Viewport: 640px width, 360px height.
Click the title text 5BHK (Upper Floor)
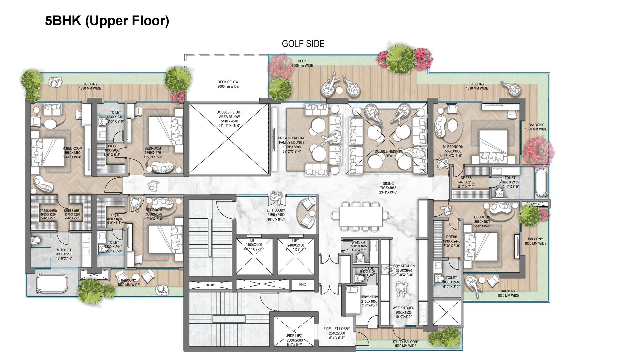coord(107,21)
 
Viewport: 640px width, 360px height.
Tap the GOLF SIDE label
coord(303,44)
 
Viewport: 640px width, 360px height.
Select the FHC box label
coord(302,285)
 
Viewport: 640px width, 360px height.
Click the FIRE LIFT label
coord(294,336)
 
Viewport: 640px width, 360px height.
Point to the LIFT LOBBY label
coord(276,211)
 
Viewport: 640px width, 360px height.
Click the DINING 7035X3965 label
coord(388,188)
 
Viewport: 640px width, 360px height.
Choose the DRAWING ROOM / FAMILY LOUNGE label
coord(292,140)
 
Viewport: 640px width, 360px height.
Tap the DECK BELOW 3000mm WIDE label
coord(228,84)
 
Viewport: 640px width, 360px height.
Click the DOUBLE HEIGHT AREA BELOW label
coord(229,115)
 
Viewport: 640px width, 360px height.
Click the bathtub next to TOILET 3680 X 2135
coord(540,183)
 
